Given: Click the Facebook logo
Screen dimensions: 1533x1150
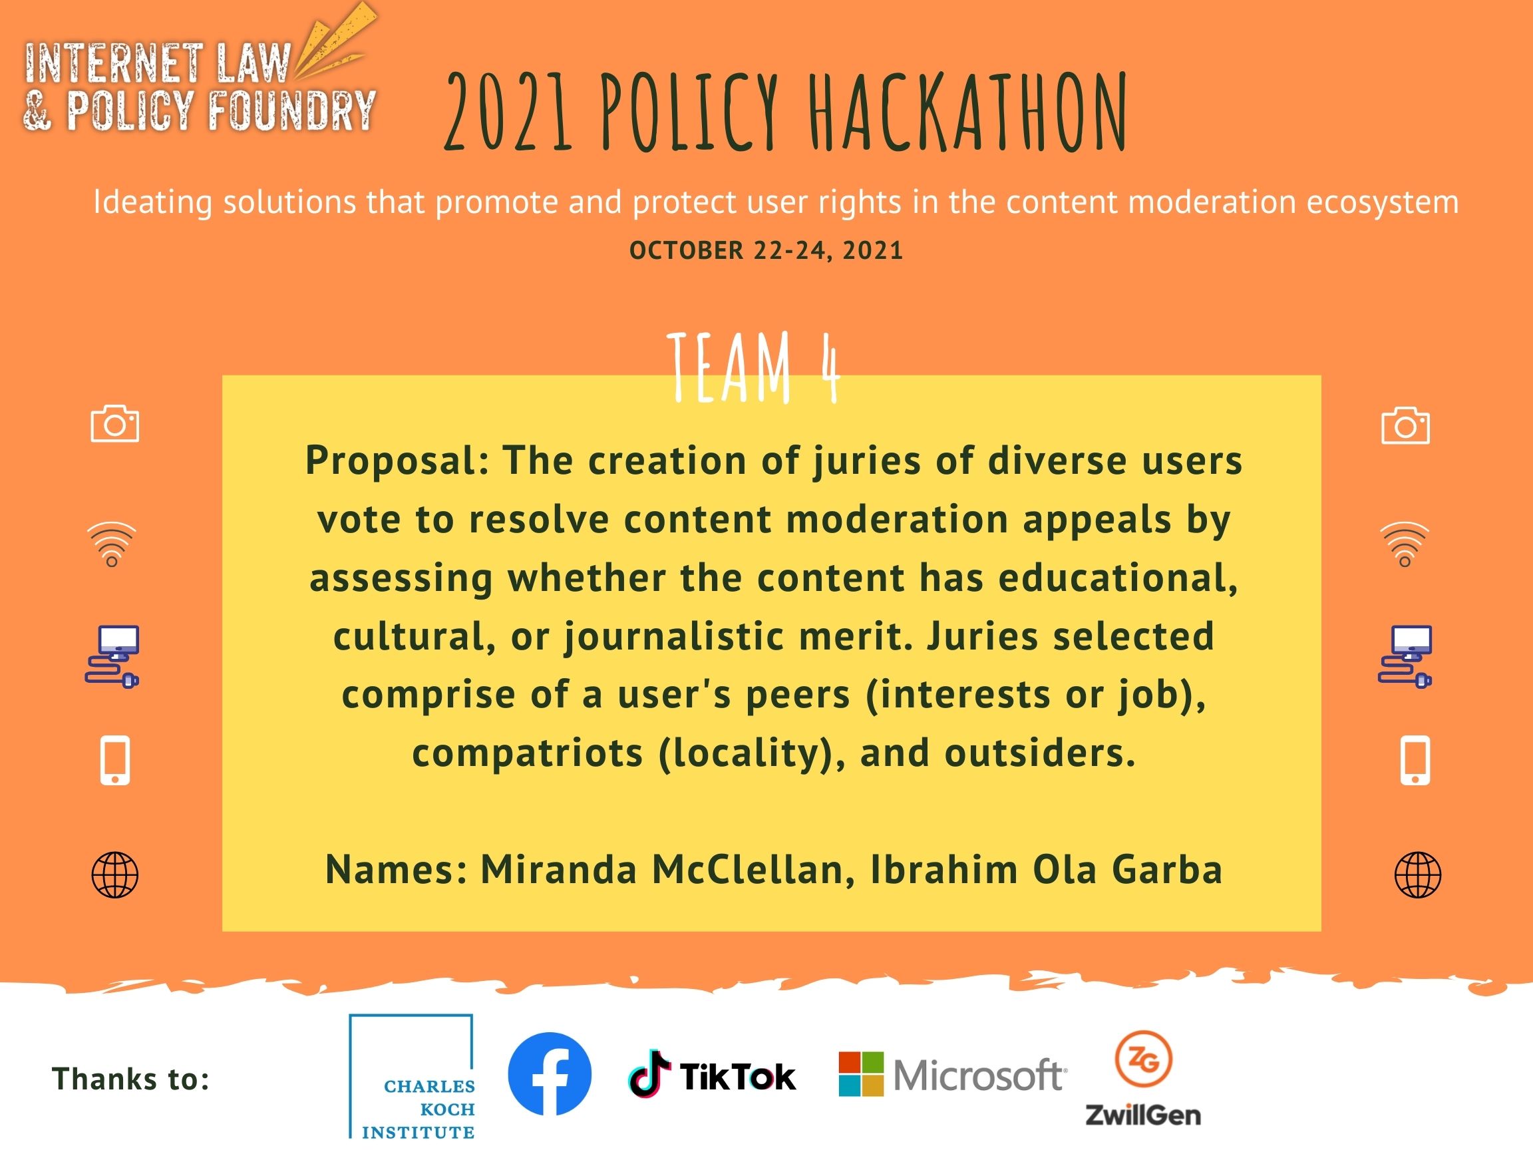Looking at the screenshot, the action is coord(550,1073).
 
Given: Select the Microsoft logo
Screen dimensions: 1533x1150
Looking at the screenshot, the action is coord(953,1074).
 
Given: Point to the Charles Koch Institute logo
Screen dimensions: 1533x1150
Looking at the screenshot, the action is coord(412,1077).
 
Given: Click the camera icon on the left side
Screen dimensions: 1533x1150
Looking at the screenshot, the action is coord(115,424).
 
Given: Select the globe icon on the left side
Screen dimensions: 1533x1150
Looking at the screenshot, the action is coord(115,874).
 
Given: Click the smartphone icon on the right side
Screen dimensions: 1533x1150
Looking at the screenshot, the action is coord(1415,761).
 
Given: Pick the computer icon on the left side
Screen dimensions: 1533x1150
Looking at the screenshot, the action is coord(112,657).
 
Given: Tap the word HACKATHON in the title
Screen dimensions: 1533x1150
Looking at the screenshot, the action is coord(968,113).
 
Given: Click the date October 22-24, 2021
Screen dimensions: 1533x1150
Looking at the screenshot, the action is coord(766,250).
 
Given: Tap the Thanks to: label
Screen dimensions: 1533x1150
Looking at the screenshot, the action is coord(130,1079).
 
